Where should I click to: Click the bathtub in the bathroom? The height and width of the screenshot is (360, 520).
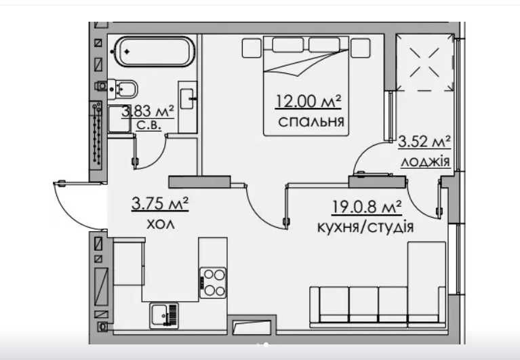[154, 52]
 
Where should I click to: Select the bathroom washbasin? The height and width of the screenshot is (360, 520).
[187, 98]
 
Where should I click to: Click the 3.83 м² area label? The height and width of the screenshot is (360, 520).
[148, 111]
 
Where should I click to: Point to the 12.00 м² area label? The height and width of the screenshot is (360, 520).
[308, 101]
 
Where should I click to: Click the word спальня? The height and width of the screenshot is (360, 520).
[311, 121]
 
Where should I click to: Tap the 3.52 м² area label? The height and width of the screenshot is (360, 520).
[424, 142]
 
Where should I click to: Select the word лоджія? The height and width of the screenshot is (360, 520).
[426, 162]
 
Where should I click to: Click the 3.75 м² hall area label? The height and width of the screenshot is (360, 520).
[160, 203]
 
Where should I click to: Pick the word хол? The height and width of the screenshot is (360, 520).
[161, 225]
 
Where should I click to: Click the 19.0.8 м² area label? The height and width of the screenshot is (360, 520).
[367, 207]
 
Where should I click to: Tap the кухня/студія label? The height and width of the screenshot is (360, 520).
[365, 227]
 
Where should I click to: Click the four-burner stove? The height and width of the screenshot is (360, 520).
[213, 283]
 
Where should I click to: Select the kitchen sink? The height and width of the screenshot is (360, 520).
[163, 315]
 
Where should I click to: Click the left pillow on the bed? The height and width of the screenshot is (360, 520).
[288, 45]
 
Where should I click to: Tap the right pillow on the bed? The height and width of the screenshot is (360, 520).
[324, 45]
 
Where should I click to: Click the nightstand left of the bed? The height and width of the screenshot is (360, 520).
[252, 48]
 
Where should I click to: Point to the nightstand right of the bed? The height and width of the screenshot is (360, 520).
[361, 48]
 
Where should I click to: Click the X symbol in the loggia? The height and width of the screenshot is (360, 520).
[424, 62]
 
